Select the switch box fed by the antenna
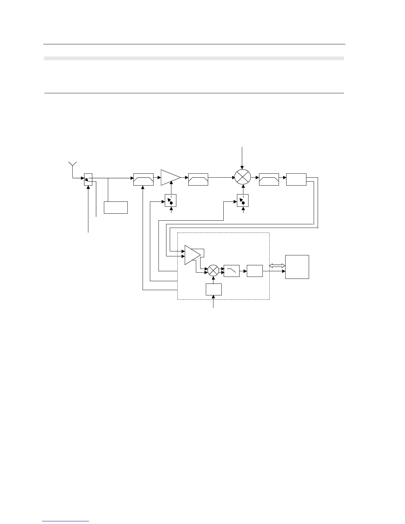88,179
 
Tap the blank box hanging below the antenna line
116,207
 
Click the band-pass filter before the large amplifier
143,179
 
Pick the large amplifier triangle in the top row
169,178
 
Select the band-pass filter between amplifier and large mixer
198,179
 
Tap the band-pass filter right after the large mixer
269,179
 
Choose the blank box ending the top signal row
296,179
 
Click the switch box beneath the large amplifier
171,200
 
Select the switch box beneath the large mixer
243,200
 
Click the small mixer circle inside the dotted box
213,270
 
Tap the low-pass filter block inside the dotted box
232,271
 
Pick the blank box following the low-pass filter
255,271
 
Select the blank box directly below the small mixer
214,289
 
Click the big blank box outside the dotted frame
297,267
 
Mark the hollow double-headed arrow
277,265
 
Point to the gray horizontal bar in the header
194,59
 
